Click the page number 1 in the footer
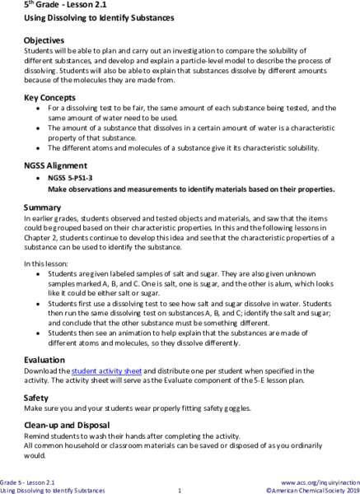pyautogui.click(x=179, y=491)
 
